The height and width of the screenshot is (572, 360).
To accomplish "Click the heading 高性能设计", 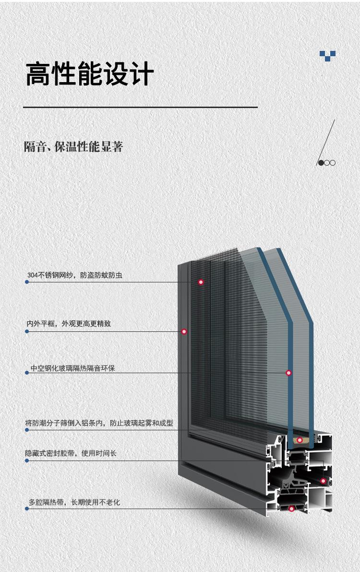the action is pos(90,74).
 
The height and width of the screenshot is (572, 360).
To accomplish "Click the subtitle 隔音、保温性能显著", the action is pos(73,146).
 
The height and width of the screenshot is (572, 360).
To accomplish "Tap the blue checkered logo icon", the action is pos(327,56).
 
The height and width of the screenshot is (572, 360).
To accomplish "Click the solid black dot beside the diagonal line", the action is pos(321,163).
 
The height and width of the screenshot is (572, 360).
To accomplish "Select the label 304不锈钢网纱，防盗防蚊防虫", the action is pos(75,275).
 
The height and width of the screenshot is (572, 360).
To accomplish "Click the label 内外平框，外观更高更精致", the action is pos(69,324).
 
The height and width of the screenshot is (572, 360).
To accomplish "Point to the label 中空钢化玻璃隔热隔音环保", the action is pos(72,368).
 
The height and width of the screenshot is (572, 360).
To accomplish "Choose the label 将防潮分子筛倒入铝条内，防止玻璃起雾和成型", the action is pos(99,423).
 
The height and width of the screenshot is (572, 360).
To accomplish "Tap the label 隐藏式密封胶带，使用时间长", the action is pos(71,453).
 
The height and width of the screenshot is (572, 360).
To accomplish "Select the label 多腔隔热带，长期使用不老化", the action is pos(74,502).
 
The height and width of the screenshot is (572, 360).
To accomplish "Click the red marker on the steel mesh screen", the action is pos(201,282).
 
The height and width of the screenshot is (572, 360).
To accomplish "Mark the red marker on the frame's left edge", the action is pos(184,331).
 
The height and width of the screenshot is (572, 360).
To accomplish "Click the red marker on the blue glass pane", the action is pos(288,373).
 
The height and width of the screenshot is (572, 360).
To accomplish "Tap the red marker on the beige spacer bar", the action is pos(300,440).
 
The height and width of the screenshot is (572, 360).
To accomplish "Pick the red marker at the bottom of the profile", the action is pos(291,509).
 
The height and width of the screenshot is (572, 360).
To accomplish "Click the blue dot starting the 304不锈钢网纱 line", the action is pos(27,282).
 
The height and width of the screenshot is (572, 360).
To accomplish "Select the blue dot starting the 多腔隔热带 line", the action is pos(27,509).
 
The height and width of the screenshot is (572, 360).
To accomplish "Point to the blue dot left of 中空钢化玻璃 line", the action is pos(27,373).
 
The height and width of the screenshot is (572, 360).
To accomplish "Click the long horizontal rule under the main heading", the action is pos(141,107).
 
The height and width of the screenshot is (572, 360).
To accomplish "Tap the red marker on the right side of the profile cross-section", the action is pos(323,481).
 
